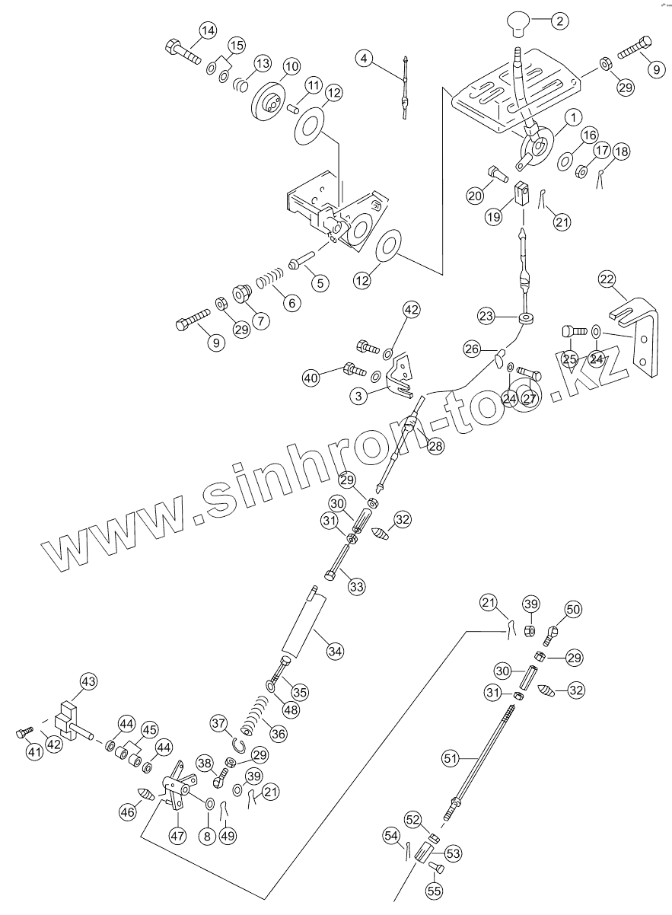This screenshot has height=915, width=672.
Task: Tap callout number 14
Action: click(208, 31)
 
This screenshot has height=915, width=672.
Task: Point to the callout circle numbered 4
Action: click(366, 58)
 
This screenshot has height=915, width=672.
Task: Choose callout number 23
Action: click(487, 314)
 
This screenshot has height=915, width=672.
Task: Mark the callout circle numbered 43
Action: click(89, 683)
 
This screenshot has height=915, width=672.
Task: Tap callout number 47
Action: click(177, 835)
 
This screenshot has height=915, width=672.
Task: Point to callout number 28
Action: click(435, 447)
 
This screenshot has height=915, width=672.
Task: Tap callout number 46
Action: click(127, 812)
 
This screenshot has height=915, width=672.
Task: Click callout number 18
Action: click(622, 151)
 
